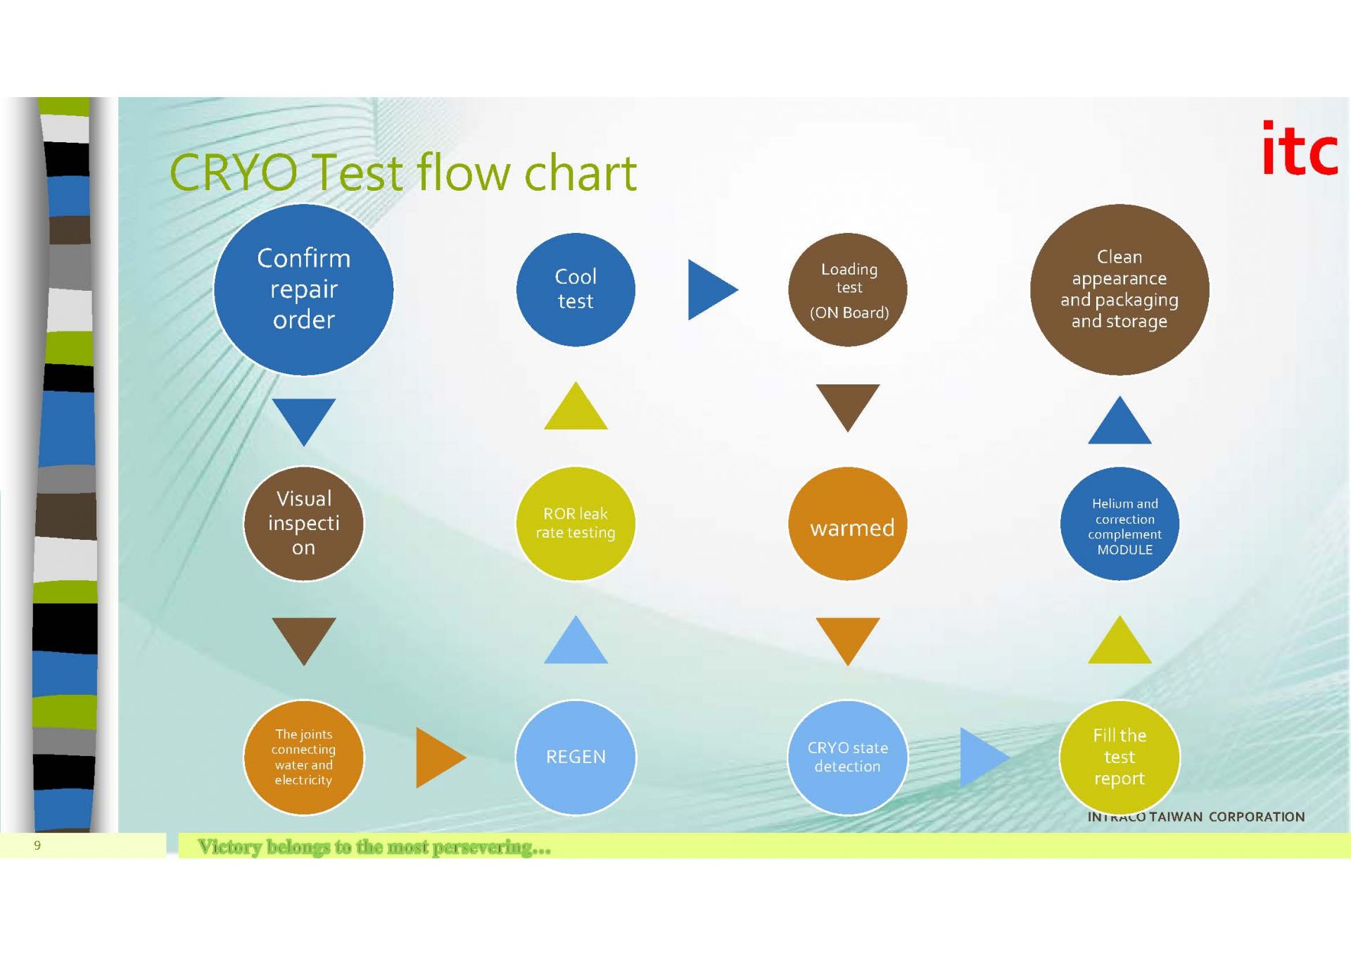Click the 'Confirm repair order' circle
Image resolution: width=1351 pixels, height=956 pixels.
click(x=303, y=289)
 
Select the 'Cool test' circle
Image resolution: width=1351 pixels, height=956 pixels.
click(x=576, y=289)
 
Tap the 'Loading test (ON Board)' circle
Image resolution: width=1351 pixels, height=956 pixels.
click(x=848, y=289)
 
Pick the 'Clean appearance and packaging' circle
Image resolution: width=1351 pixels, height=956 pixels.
click(x=1120, y=289)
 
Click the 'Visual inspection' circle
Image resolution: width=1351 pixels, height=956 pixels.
click(x=303, y=524)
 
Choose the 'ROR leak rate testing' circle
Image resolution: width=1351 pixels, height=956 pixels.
click(x=576, y=524)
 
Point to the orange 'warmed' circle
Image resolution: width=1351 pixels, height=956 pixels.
click(x=848, y=524)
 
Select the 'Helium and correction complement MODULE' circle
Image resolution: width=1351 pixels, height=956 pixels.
click(x=1120, y=524)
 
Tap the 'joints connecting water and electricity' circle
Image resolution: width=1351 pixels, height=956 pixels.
click(x=303, y=757)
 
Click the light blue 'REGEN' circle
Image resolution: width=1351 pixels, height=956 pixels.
click(x=576, y=757)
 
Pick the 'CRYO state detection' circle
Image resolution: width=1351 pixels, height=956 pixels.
click(x=848, y=757)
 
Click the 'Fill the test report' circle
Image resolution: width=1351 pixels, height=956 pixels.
click(x=1120, y=757)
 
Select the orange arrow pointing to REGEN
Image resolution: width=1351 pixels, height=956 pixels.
click(x=437, y=757)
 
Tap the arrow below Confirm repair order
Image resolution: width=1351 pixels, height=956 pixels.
click(x=303, y=419)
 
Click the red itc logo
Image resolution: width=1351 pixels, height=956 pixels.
click(x=1299, y=149)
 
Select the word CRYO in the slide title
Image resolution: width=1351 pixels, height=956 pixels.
click(x=234, y=173)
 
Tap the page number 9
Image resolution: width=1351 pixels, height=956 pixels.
click(x=37, y=845)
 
